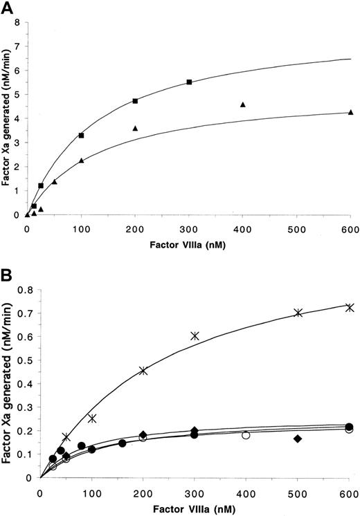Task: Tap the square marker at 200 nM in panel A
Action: click(136, 101)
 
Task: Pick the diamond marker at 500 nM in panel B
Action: click(298, 439)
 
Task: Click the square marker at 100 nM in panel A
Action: click(82, 136)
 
